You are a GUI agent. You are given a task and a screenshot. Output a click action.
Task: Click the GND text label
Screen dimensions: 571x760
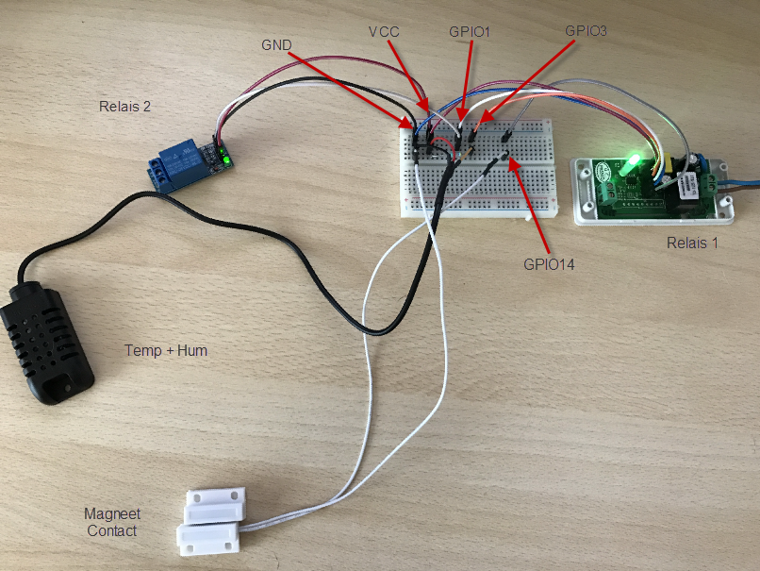(x=277, y=44)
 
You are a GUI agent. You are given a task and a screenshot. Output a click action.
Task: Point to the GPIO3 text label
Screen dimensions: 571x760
(x=586, y=30)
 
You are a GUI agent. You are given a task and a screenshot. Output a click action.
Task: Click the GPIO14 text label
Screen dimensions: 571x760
(x=549, y=265)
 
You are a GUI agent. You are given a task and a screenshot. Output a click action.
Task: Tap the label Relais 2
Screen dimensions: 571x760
(x=124, y=106)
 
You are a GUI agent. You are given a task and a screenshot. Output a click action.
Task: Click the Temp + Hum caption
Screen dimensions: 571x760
(x=166, y=350)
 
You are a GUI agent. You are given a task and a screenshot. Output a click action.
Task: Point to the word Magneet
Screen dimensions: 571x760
(x=112, y=514)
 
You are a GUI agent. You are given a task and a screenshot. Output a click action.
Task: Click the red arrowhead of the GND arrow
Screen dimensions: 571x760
(x=409, y=124)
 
